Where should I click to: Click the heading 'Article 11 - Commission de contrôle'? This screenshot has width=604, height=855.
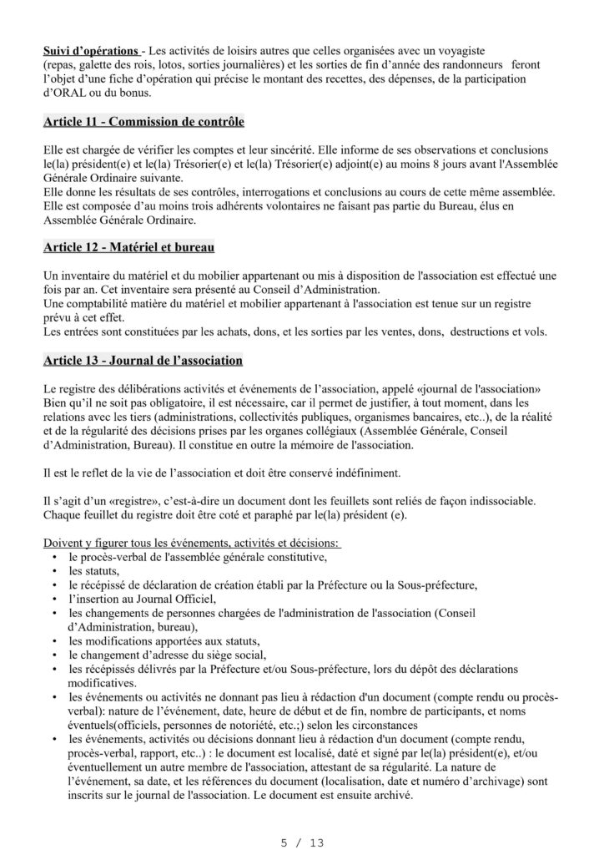pos(143,122)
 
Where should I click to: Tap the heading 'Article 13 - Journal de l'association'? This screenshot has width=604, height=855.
pos(143,361)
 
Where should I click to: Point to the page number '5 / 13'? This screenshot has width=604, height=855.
pos(301,842)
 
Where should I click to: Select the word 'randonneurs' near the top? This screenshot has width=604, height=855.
pos(466,64)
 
